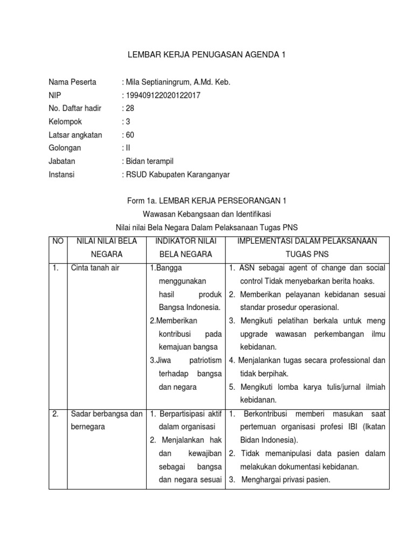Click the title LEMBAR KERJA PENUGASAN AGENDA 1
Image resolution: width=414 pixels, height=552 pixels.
206,54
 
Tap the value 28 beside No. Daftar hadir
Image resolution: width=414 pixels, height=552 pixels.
130,108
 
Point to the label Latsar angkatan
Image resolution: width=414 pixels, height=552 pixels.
75,135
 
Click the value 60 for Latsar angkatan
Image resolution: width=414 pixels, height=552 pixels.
130,135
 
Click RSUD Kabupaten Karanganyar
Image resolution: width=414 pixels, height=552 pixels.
178,174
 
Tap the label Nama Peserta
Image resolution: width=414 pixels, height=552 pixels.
72,82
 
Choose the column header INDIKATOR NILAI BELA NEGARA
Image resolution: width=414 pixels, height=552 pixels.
185,247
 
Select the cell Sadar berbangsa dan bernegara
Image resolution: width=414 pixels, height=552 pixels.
106,420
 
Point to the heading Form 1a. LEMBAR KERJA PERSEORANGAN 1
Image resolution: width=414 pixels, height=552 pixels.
206,201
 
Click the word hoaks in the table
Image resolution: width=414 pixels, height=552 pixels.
363,281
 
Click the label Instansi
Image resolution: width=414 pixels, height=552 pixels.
62,174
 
